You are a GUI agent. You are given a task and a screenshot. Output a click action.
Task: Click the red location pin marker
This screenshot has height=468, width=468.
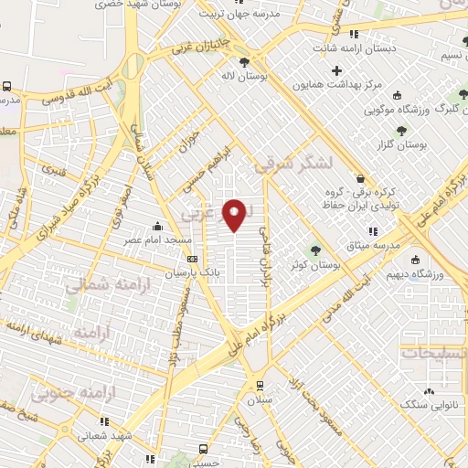[x=237, y=214]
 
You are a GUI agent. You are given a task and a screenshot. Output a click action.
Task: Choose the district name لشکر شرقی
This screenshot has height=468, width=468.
[x=290, y=165]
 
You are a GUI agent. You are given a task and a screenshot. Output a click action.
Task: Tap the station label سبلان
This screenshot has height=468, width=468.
[x=261, y=401]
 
